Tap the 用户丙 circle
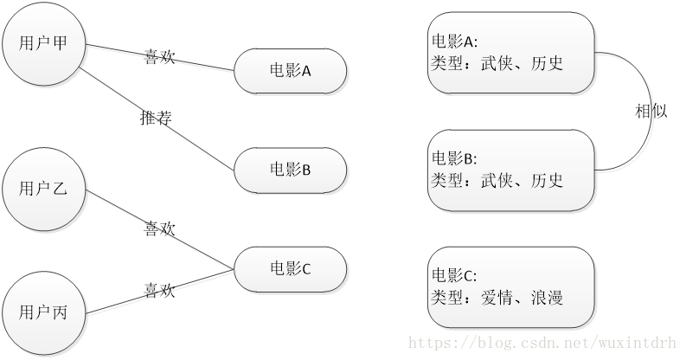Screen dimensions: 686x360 click(43, 312)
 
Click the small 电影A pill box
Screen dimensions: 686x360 click(290, 71)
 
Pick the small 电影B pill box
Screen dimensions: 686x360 click(290, 169)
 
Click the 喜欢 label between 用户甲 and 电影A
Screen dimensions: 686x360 click(159, 57)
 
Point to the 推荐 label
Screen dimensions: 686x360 click(155, 119)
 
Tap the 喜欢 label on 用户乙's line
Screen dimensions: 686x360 click(159, 228)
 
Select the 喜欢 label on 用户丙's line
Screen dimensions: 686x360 click(159, 290)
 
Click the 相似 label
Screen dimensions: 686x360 click(651, 111)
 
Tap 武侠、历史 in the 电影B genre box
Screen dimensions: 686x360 click(523, 180)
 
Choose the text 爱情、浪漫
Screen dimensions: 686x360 click(523, 299)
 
